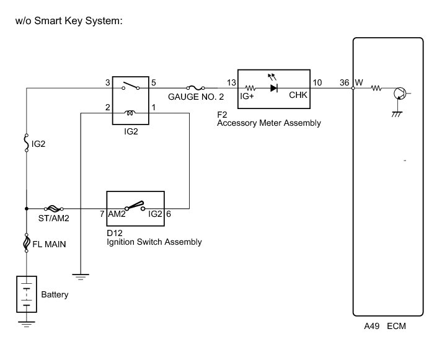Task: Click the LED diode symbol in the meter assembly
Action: pos(274,89)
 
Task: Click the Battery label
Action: pos(55,294)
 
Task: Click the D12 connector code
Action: pos(113,233)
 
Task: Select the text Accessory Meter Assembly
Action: pos(269,123)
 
